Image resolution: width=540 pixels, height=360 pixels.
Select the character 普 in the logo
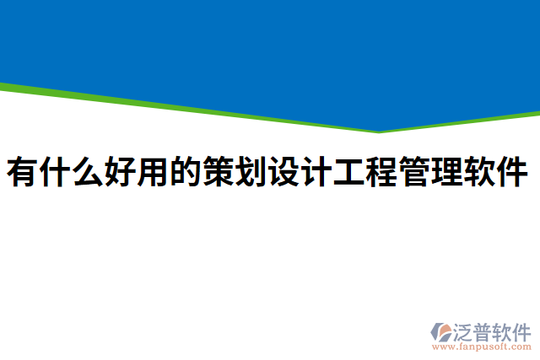[484, 330]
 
